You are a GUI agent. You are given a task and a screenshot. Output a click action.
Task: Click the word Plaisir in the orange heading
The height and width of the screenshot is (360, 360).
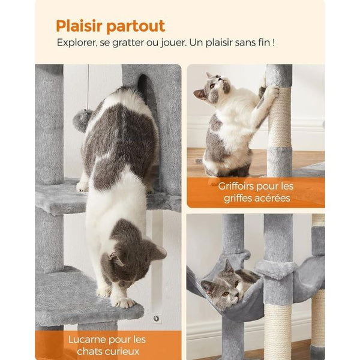tap(79, 26)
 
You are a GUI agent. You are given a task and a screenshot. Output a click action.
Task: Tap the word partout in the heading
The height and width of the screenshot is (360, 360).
tap(136, 27)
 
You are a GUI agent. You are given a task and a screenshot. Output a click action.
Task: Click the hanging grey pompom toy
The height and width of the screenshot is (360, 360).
tap(82, 120)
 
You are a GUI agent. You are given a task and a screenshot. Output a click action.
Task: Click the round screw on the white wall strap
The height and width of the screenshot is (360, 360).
tap(157, 319)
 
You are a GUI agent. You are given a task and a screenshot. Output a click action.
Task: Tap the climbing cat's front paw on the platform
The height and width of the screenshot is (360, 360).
tap(124, 302)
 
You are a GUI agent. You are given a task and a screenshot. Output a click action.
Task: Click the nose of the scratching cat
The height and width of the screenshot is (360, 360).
tap(220, 79)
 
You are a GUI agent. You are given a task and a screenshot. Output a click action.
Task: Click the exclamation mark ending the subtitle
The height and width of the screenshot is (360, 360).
tap(274, 43)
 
